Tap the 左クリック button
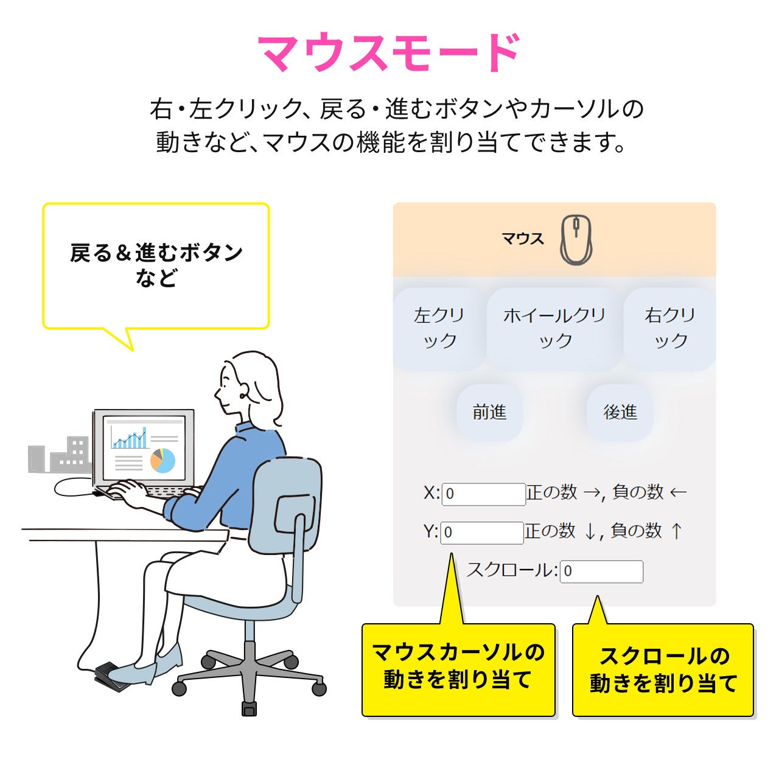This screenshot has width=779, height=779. click(x=439, y=329)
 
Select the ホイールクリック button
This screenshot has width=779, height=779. click(x=554, y=329)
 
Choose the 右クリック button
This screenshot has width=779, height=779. click(x=669, y=329)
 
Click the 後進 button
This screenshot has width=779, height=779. click(x=620, y=413)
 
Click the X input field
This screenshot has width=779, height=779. click(x=483, y=494)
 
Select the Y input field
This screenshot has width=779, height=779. click(x=481, y=533)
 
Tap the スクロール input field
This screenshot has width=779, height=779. click(x=601, y=571)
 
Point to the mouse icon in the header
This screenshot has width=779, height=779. click(x=575, y=240)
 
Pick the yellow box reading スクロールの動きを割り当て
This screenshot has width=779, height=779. click(x=663, y=670)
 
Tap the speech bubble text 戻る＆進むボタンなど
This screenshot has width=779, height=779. click(x=156, y=265)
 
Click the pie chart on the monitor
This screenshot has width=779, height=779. click(x=162, y=460)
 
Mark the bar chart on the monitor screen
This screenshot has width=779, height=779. click(x=129, y=438)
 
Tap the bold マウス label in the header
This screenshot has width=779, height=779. click(x=522, y=239)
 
